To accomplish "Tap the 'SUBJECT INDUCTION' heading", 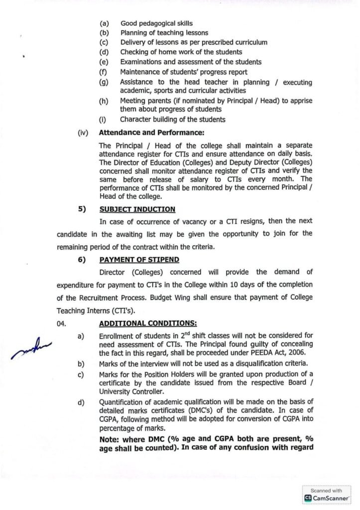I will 137,209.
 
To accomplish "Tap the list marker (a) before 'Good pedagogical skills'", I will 105,23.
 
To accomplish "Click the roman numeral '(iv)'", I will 83,133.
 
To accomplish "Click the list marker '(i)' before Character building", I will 105,120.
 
